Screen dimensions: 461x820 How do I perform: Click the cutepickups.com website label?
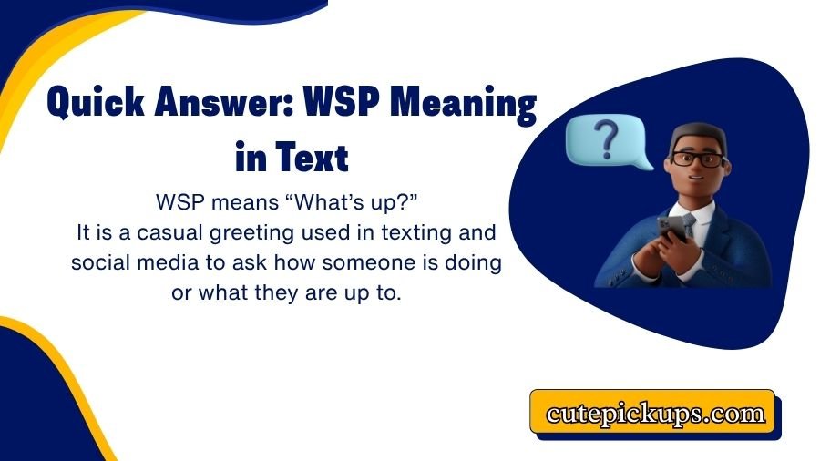pos(654,413)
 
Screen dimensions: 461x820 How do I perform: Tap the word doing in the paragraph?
pos(475,264)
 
